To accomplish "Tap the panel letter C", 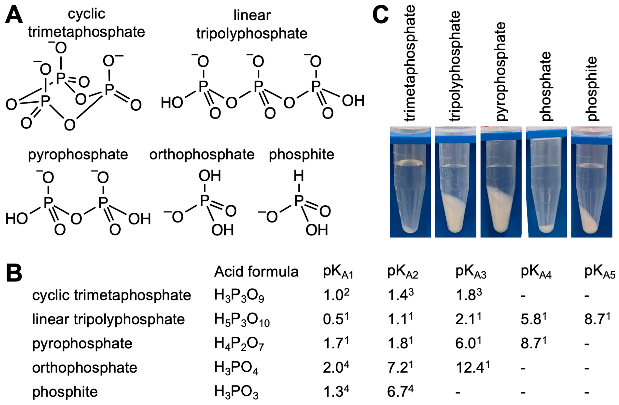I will click(x=380, y=15).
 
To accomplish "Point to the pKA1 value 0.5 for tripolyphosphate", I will click(x=336, y=319).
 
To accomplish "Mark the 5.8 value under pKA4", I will click(x=533, y=319).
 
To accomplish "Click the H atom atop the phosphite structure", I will click(x=299, y=176).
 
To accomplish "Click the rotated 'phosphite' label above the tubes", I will click(x=592, y=88).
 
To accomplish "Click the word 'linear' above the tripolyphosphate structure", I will click(x=252, y=16).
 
